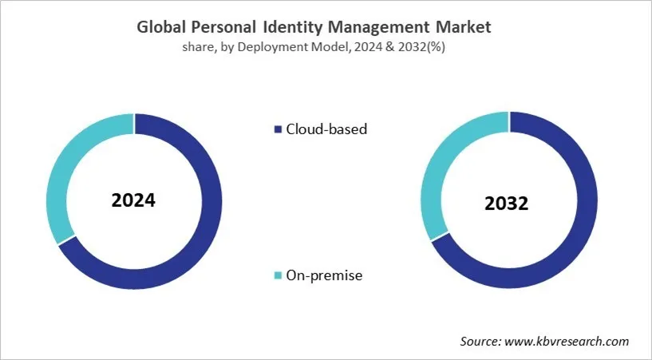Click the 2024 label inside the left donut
coord(133,200)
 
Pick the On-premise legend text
coord(324,275)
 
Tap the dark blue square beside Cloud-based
coord(278,129)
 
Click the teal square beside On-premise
coord(278,276)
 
